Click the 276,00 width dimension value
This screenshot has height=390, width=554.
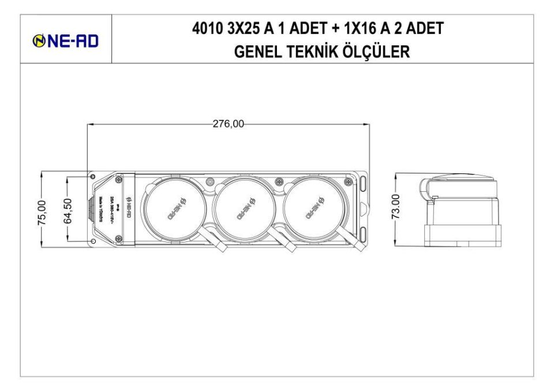[x=229, y=123]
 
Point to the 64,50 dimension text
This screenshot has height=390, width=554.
[x=68, y=211]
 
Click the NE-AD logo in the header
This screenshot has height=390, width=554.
[x=66, y=40]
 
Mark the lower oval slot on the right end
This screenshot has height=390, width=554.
[x=364, y=233]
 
